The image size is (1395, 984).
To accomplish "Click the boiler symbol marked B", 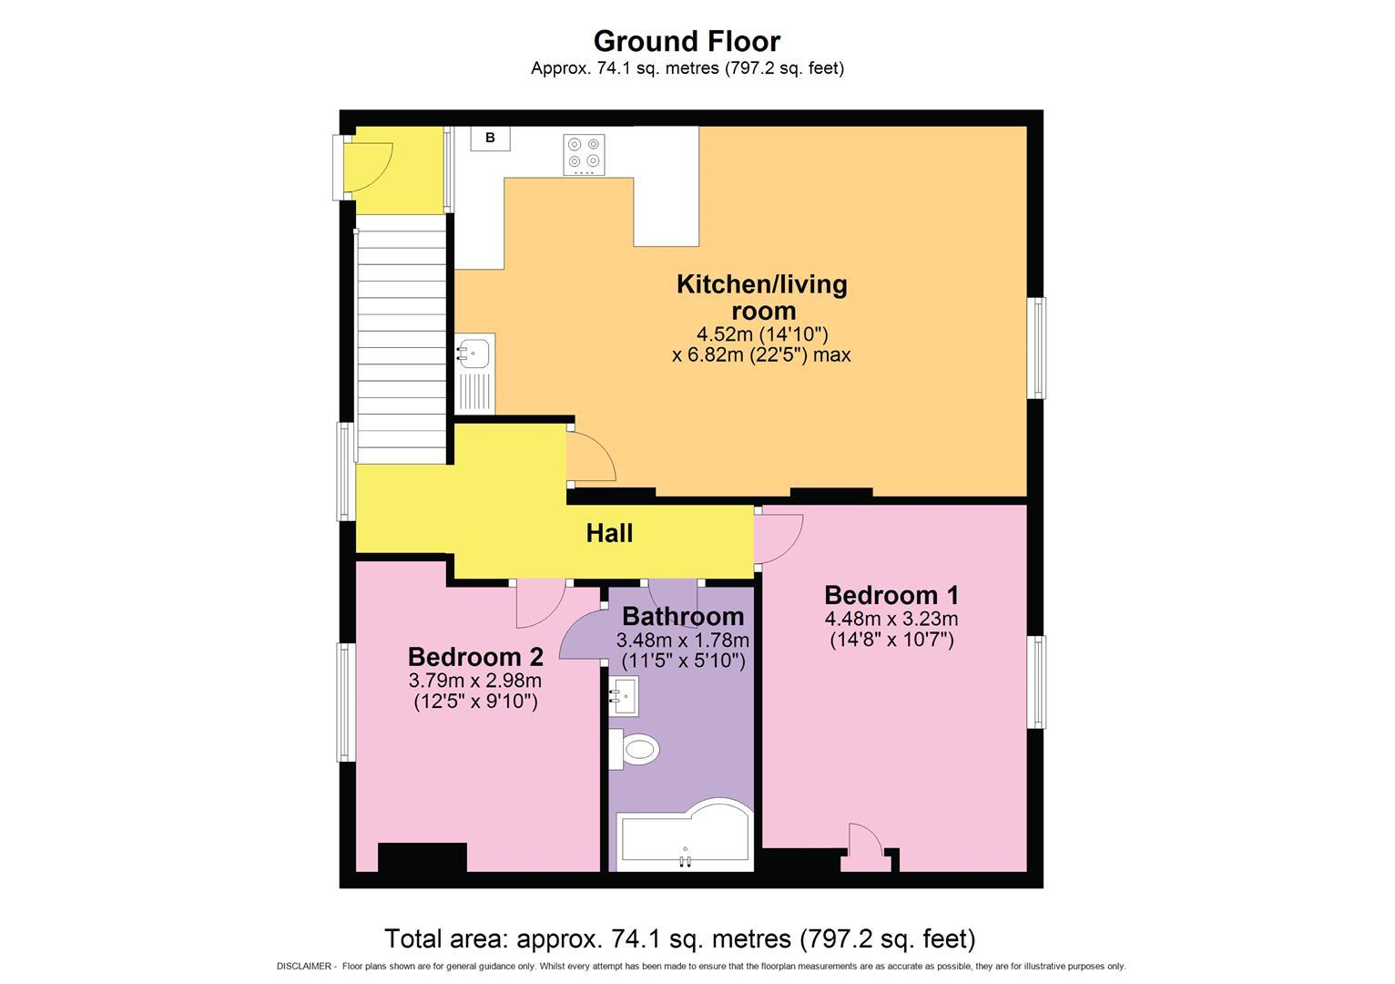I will point(490,138).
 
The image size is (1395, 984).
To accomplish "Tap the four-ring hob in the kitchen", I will point(584,155).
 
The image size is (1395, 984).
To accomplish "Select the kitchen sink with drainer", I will point(474,374).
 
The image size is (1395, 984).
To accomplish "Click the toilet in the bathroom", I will point(635,750).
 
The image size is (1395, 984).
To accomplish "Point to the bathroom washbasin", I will point(625,697).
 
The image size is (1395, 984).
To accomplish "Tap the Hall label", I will point(609,533).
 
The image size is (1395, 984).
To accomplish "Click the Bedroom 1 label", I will point(891,595).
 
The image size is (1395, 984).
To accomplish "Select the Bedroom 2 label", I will point(475,656).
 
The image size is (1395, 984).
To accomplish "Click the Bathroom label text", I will point(683,617).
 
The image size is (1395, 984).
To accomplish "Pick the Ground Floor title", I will point(687,41).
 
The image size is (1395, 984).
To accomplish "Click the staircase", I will point(401,346).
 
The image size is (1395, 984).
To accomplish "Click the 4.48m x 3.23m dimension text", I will point(891,620).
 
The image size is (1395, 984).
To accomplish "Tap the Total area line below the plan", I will point(679,938).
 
